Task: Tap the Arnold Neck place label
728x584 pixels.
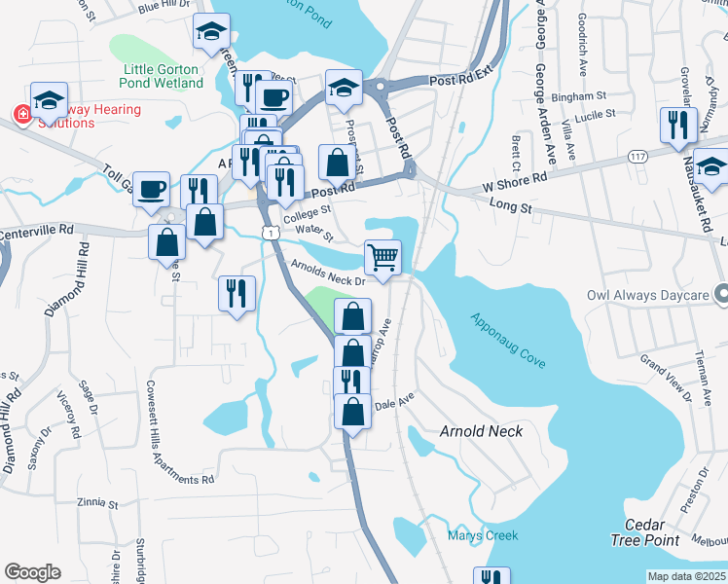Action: [481, 431]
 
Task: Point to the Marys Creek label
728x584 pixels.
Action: [483, 535]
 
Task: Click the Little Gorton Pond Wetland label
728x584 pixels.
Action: [164, 76]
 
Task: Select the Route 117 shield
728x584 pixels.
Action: [638, 156]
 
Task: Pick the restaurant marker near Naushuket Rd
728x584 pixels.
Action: [677, 125]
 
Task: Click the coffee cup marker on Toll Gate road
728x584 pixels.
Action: [151, 189]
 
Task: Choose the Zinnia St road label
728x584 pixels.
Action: [96, 505]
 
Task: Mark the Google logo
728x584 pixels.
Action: [31, 572]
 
